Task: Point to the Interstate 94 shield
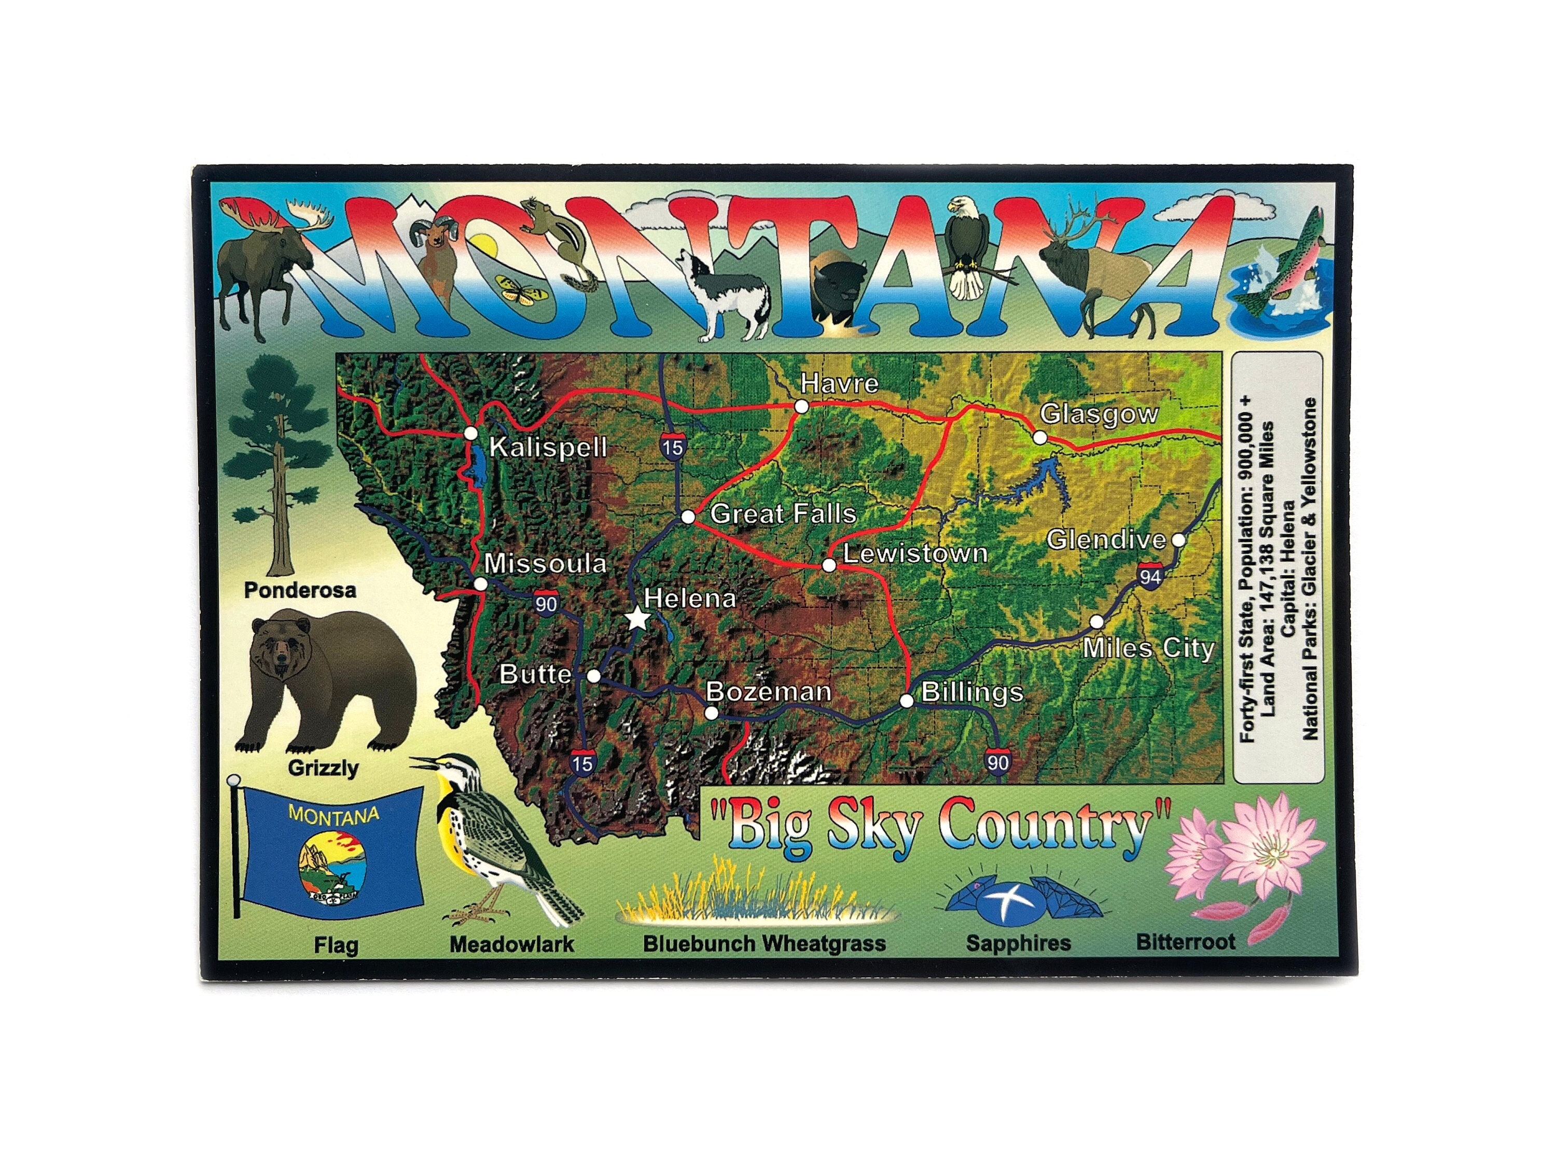coord(1149,577)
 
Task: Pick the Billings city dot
coord(907,701)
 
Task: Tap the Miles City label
coord(1148,648)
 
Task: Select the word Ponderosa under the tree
coord(300,590)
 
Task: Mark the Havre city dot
coord(801,406)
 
